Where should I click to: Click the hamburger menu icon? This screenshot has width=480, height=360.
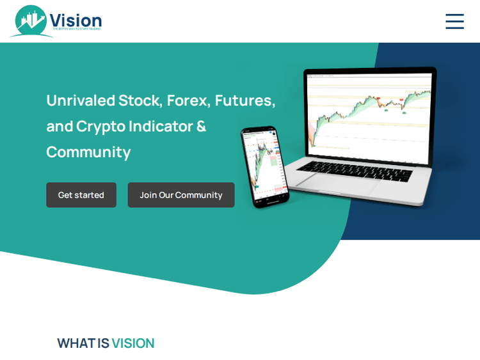coord(454,21)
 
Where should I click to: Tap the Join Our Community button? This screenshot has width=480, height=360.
coord(181,195)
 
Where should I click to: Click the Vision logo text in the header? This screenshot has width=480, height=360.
coord(76,20)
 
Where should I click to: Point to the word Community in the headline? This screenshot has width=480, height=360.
coord(88,152)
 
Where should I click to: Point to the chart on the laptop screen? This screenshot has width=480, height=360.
coord(370,112)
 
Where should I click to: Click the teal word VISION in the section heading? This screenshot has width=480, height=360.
coord(133,343)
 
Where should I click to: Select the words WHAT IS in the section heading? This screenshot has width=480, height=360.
coord(83,343)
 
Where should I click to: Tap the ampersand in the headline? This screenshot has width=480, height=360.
coord(201,126)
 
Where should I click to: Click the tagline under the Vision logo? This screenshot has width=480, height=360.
coord(77,29)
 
